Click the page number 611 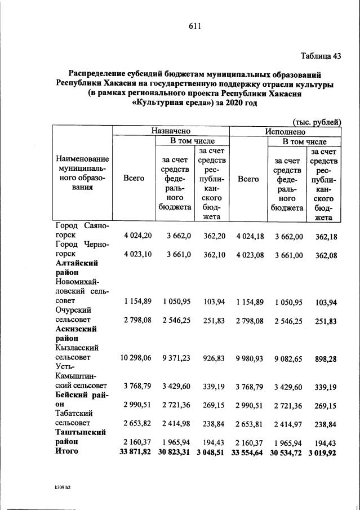(195, 26)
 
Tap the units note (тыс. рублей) (317, 122)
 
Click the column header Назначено (170, 130)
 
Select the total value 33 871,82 (129, 452)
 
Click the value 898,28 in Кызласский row (325, 358)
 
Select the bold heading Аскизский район (77, 334)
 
